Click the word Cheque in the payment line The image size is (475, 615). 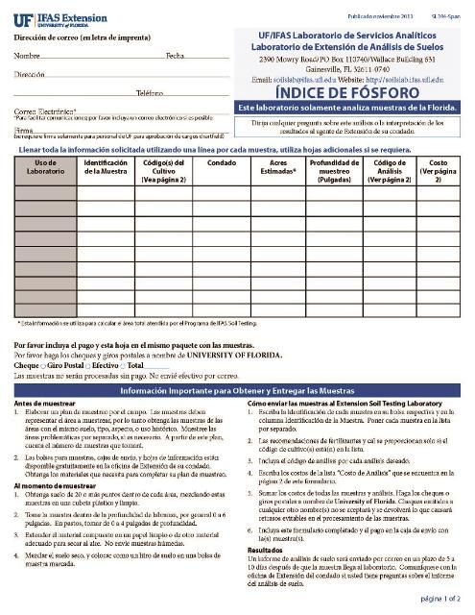(26, 366)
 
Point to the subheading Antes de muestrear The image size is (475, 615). (42, 404)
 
